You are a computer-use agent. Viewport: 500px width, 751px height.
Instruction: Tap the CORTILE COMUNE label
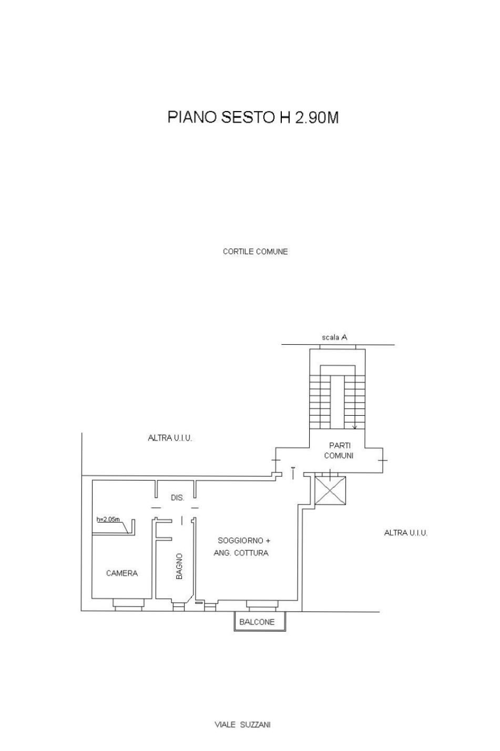click(255, 252)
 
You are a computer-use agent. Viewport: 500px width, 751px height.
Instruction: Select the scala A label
click(334, 337)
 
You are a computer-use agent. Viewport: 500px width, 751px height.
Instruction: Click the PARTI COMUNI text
click(339, 450)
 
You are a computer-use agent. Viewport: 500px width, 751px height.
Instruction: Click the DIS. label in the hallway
click(178, 498)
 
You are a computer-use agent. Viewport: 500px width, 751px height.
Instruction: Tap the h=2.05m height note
click(108, 519)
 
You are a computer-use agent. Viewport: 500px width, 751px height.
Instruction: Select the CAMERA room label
click(122, 573)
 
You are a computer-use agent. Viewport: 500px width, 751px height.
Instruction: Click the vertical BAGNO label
click(179, 566)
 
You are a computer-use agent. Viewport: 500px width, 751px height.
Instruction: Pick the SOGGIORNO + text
click(244, 540)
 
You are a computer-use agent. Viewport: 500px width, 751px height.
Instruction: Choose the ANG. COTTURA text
click(241, 553)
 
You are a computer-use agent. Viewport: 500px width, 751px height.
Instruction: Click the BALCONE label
click(257, 622)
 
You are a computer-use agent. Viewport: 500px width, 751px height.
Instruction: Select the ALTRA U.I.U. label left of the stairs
click(170, 438)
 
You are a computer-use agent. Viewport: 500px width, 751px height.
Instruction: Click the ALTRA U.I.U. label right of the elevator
click(405, 533)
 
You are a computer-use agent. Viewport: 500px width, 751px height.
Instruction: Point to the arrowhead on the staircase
click(355, 427)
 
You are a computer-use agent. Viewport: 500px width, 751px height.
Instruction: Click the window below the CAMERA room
click(128, 604)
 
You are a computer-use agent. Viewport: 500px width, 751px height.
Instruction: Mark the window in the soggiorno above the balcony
click(262, 604)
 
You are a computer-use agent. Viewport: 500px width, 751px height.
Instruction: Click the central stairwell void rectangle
click(337, 402)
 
